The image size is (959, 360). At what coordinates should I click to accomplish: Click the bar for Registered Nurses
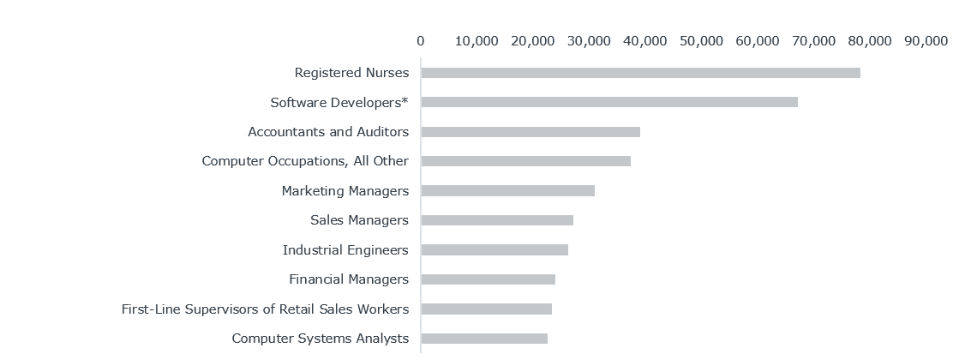[x=640, y=73]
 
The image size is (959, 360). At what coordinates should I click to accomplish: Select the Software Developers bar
[x=608, y=102]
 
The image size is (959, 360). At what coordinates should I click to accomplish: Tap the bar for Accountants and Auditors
[x=530, y=132]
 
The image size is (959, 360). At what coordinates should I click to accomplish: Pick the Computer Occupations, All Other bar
[x=525, y=161]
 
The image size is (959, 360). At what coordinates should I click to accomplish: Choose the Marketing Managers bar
[x=507, y=190]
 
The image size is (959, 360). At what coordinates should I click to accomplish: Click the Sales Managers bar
[x=496, y=220]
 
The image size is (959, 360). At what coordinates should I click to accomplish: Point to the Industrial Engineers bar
[x=494, y=249]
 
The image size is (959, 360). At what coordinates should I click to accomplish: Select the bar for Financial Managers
[x=488, y=279]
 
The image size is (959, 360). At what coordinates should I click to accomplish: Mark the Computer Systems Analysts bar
[x=483, y=339]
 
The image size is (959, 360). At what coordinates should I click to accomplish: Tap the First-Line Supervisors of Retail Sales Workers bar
[x=486, y=309]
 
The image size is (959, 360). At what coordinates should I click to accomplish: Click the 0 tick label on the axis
[x=420, y=40]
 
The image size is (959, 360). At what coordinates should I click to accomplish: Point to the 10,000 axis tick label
[x=477, y=40]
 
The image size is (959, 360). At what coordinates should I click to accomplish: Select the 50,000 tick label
[x=701, y=40]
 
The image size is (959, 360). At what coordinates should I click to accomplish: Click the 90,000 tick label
[x=926, y=40]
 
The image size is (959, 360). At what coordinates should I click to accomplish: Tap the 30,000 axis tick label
[x=589, y=40]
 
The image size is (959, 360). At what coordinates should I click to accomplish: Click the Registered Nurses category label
[x=351, y=73]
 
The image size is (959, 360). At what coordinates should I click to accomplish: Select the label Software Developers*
[x=339, y=102]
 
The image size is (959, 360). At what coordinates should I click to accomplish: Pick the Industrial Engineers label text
[x=345, y=249]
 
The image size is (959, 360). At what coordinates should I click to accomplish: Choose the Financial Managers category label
[x=349, y=279]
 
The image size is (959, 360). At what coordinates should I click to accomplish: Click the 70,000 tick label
[x=813, y=40]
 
